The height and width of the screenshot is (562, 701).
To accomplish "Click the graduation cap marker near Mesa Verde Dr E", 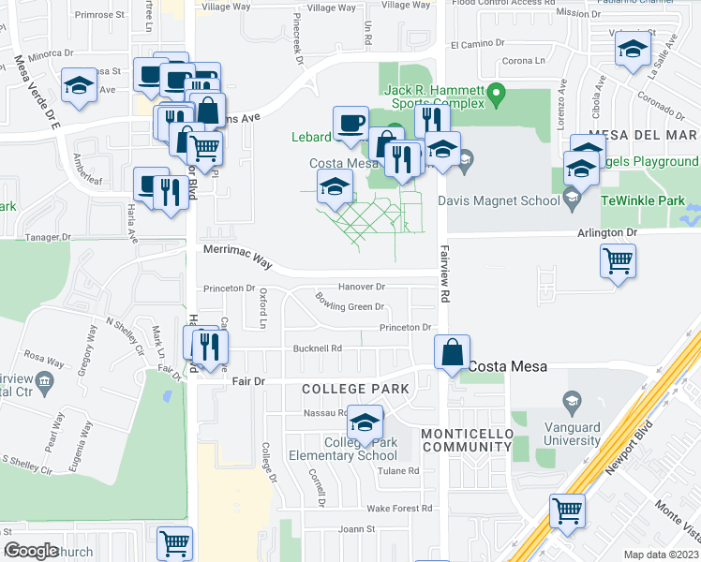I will (79, 86).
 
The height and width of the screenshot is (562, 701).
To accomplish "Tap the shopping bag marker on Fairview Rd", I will (453, 354).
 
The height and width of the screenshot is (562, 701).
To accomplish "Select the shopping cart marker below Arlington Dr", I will (619, 261).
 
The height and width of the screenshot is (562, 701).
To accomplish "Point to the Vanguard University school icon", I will (568, 403).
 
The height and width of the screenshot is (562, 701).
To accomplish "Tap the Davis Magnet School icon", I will (573, 198).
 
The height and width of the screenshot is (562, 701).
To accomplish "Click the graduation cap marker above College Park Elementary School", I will (366, 422).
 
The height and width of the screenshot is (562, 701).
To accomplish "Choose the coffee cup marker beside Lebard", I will (350, 123).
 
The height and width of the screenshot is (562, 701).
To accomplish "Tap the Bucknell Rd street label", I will (318, 348).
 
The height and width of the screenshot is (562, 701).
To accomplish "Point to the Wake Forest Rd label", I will (399, 509).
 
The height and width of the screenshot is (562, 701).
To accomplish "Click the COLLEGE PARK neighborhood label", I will (355, 388).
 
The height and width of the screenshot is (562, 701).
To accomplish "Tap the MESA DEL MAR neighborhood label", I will (643, 135).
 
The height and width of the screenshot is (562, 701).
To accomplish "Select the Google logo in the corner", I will (31, 551).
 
